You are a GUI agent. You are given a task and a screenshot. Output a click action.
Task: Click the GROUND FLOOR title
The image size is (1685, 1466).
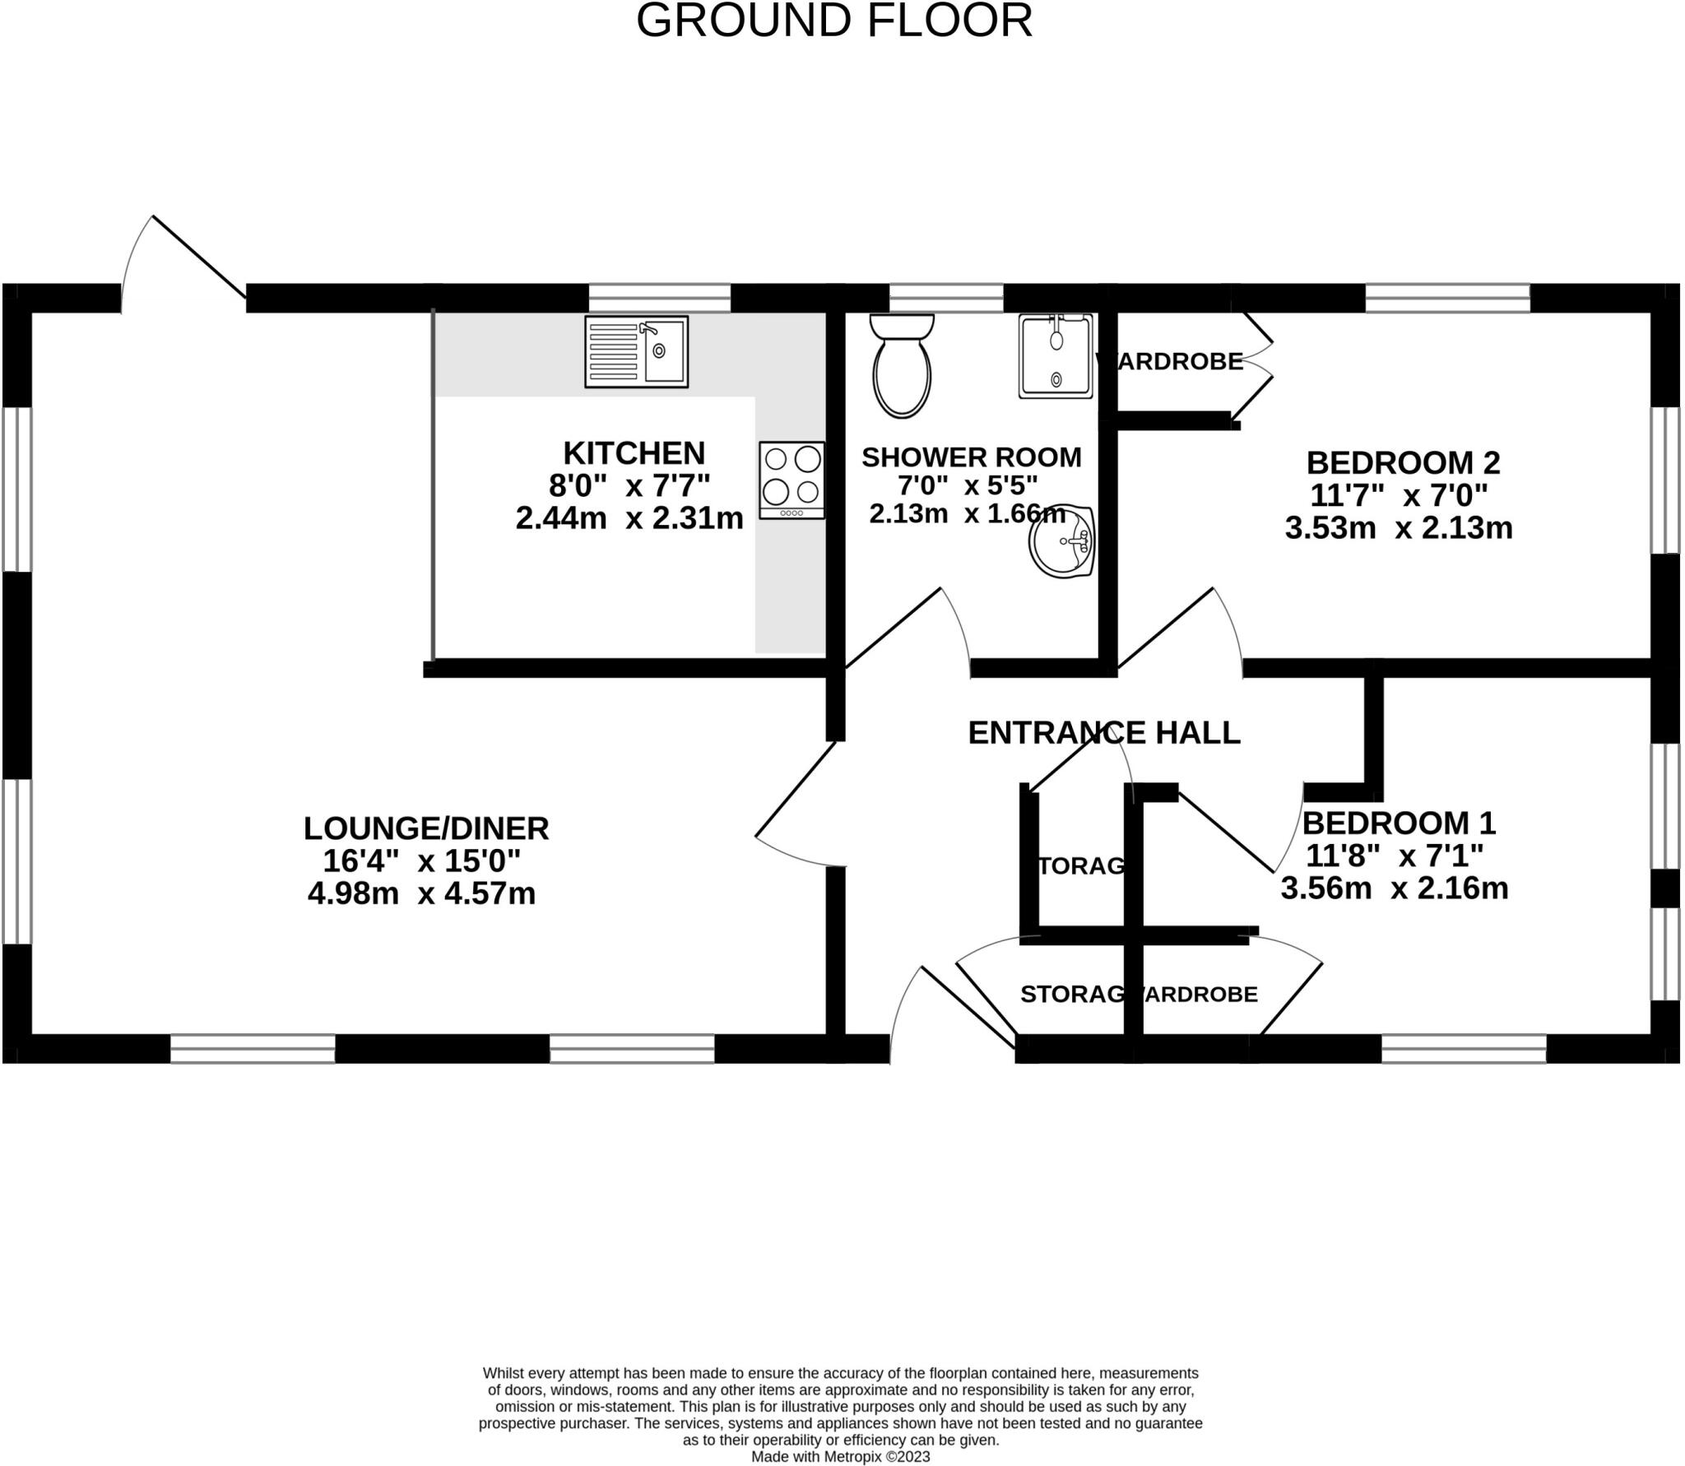(833, 21)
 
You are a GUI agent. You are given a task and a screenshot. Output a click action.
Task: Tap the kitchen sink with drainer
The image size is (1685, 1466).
(636, 351)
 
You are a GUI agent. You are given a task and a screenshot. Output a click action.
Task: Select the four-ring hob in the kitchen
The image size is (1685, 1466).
(791, 480)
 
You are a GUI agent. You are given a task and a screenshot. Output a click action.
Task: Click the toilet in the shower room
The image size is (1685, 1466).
(902, 365)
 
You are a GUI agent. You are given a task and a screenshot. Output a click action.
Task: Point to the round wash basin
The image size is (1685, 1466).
(1062, 544)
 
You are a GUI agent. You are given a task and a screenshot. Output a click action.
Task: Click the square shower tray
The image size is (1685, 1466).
(1056, 355)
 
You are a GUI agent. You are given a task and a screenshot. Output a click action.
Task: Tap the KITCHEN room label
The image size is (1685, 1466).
(634, 453)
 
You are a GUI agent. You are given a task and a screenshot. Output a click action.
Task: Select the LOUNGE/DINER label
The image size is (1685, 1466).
(426, 828)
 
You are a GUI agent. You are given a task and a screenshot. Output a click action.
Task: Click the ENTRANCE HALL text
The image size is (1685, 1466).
(1103, 732)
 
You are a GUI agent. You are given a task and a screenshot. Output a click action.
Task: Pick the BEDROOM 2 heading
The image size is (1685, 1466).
(1403, 462)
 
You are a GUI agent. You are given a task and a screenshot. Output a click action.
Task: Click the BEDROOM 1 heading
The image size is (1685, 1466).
(1399, 823)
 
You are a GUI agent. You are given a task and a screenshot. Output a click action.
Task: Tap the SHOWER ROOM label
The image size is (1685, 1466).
(971, 457)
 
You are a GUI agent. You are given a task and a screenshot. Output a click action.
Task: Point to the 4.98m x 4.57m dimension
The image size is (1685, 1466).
(421, 893)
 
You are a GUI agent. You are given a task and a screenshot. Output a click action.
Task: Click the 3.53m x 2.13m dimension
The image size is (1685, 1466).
(1398, 528)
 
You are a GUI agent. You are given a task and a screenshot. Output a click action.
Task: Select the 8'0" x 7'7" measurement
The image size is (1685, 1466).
(629, 486)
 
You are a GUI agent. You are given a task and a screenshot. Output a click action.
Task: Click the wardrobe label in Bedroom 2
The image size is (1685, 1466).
(1170, 361)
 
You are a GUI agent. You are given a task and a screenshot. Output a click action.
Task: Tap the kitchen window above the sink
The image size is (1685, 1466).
(659, 298)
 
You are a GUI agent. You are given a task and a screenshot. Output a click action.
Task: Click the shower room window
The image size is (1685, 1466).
(946, 298)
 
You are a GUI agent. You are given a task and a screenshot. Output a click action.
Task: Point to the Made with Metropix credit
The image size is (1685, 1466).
(840, 1456)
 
